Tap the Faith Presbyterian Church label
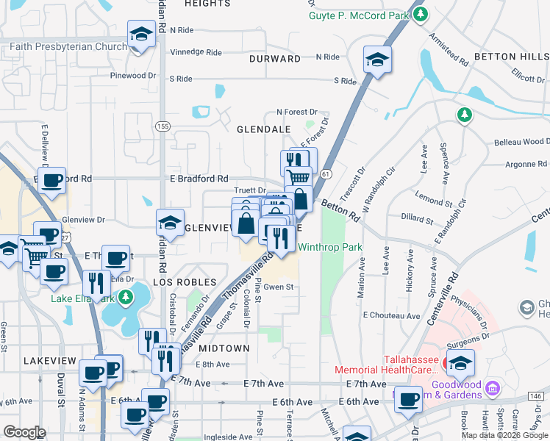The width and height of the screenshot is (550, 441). pyautogui.click(x=68, y=47)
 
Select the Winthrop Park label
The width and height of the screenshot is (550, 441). pyautogui.click(x=330, y=248)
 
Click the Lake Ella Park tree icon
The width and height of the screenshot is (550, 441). pyautogui.click(x=126, y=298)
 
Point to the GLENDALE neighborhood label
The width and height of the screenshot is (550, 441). pyautogui.click(x=263, y=129)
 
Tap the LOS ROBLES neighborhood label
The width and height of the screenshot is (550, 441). pyautogui.click(x=184, y=282)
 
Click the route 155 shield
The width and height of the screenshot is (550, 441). pyautogui.click(x=162, y=126)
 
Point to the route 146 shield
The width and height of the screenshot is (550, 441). pyautogui.click(x=536, y=396)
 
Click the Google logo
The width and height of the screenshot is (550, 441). pyautogui.click(x=25, y=432)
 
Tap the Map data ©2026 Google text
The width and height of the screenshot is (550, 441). pyautogui.click(x=505, y=435)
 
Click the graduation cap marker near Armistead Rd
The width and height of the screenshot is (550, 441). pyautogui.click(x=378, y=60)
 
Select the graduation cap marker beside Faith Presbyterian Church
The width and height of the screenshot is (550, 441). pyautogui.click(x=140, y=34)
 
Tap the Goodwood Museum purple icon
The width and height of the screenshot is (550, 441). pyautogui.click(x=492, y=387)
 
